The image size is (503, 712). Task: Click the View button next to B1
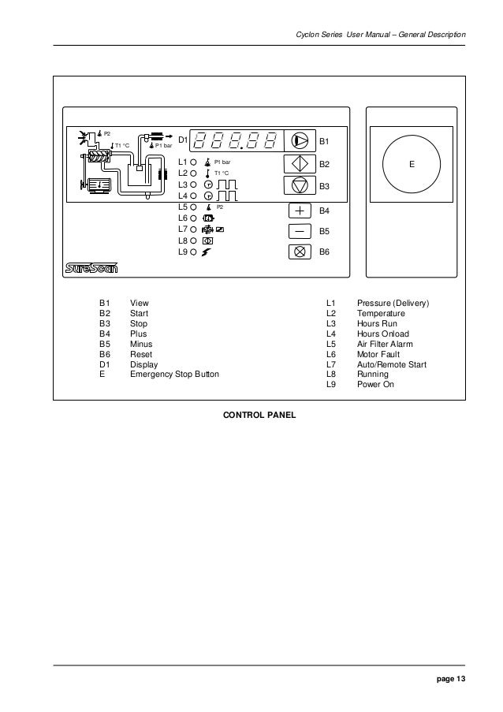point(300,140)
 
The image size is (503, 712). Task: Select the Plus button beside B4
point(300,211)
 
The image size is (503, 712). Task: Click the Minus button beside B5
point(300,232)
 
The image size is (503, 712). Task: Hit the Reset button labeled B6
point(300,252)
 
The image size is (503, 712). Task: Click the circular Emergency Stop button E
point(411,164)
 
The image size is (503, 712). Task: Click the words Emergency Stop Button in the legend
point(174,375)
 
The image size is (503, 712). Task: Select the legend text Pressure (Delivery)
point(393,303)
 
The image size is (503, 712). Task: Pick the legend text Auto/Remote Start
point(392,364)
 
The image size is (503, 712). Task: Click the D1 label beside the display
point(182,140)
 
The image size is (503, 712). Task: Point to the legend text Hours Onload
point(383,334)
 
